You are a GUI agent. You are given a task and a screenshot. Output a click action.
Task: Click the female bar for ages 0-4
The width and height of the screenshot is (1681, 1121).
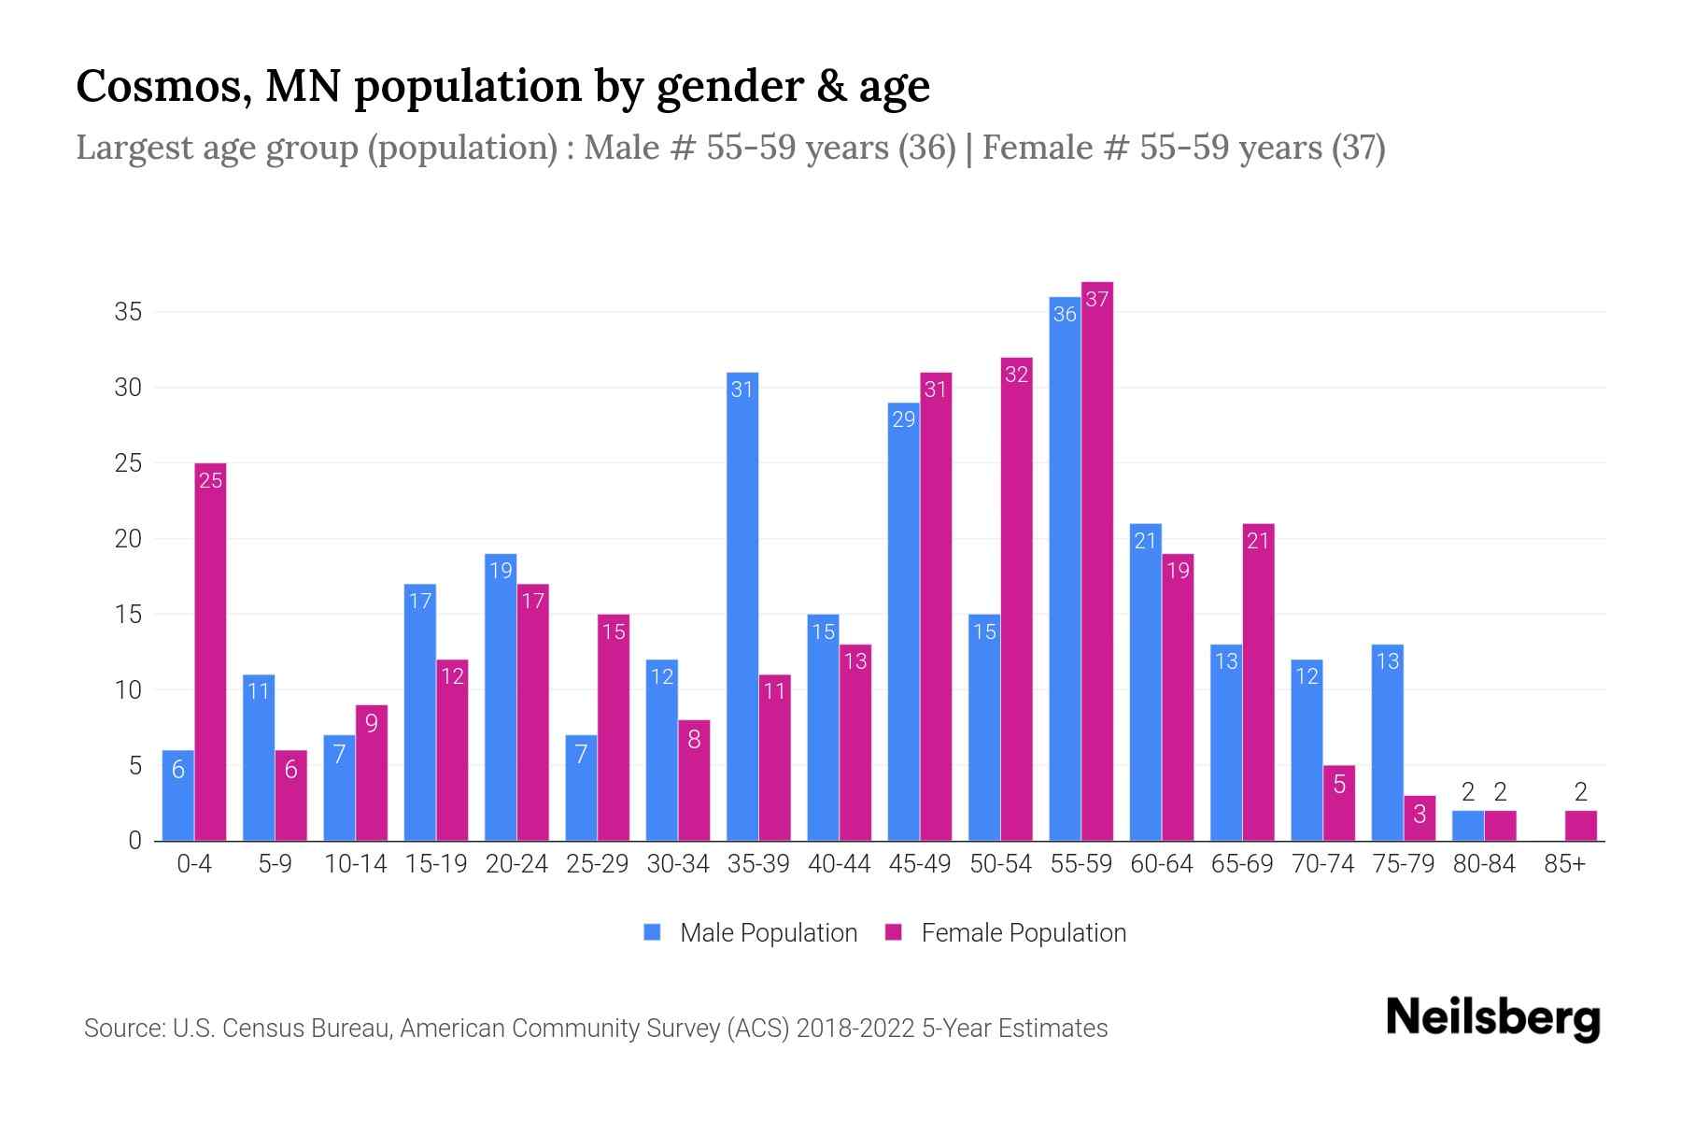point(210,654)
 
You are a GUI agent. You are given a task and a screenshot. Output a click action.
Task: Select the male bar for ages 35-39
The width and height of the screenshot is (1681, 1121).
point(742,607)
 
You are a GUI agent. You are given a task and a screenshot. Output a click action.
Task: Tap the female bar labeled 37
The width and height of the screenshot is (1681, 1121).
point(1097,560)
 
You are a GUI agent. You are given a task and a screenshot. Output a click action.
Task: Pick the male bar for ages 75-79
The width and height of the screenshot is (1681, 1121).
point(1388,743)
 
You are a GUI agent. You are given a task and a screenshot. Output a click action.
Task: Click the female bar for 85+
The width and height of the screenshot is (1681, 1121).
point(1581,826)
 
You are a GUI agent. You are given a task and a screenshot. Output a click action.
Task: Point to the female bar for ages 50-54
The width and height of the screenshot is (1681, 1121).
point(1017,598)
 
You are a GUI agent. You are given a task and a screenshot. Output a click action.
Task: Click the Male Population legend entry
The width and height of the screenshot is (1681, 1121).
point(751,933)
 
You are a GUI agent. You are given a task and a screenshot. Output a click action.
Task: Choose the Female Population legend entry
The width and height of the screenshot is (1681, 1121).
point(1006,933)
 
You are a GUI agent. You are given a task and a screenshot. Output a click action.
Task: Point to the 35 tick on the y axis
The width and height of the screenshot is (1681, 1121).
point(128,312)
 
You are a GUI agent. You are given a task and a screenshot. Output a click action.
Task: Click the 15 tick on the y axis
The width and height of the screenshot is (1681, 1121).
point(128,615)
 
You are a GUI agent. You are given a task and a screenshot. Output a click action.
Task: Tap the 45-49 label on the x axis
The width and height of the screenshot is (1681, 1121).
point(920,864)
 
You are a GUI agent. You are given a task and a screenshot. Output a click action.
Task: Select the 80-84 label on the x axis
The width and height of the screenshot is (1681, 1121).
point(1484,864)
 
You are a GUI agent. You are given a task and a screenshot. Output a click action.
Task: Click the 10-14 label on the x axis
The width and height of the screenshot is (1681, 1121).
point(355,864)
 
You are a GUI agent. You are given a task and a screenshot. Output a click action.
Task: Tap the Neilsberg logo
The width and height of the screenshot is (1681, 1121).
point(1493,1018)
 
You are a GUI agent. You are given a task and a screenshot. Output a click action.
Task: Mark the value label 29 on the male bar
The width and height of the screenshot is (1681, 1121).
point(903,419)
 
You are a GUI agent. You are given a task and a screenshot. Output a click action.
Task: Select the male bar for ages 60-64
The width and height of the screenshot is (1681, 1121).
point(1146,682)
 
